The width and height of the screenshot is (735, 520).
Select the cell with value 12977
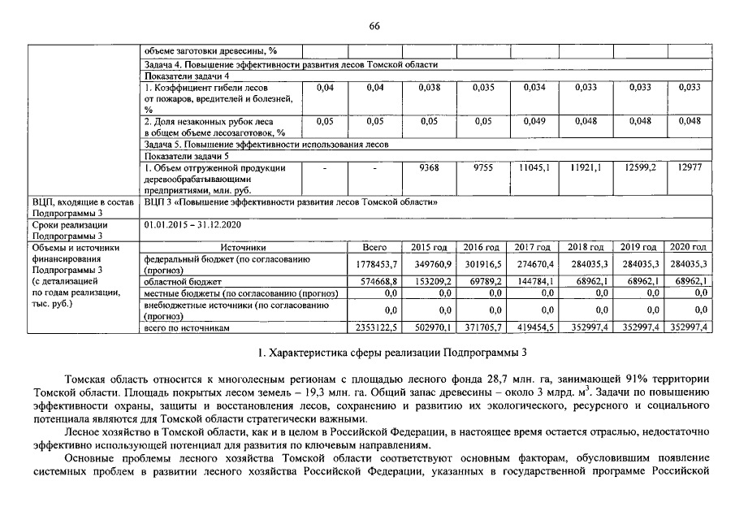pyautogui.click(x=689, y=167)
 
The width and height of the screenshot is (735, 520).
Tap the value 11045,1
pyautogui.click(x=534, y=167)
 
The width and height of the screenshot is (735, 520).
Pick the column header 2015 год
pyautogui.click(x=429, y=246)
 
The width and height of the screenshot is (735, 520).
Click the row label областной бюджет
pyautogui.click(x=177, y=280)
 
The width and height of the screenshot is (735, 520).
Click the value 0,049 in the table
pyautogui.click(x=533, y=121)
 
